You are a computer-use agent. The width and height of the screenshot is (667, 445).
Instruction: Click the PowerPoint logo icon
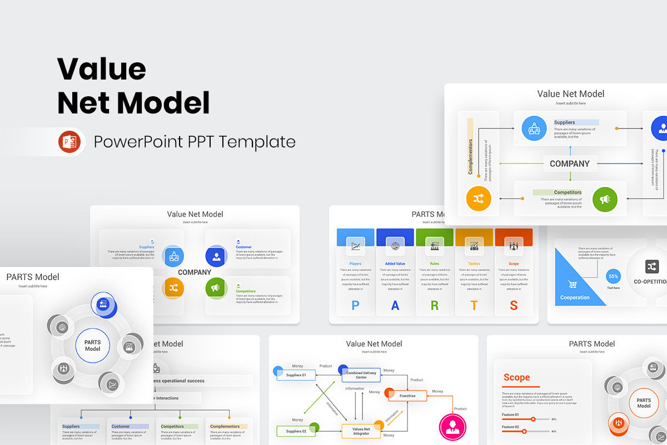(x=69, y=142)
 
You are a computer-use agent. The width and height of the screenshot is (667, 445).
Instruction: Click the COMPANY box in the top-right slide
(x=570, y=164)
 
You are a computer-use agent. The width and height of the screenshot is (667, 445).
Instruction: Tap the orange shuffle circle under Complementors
(x=479, y=199)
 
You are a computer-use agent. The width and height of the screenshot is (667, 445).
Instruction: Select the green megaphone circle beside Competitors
(x=605, y=199)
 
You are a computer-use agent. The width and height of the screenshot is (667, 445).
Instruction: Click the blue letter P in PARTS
(x=355, y=305)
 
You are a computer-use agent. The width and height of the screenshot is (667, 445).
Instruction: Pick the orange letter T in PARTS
(x=474, y=305)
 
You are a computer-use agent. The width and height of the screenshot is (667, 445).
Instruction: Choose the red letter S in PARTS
(x=514, y=305)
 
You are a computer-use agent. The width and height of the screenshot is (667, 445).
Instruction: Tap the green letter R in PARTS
(x=434, y=305)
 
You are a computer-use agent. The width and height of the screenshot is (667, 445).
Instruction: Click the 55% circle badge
(x=614, y=276)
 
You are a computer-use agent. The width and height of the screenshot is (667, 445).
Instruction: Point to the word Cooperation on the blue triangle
(x=575, y=298)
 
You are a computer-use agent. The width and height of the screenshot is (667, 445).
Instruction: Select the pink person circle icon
(x=452, y=427)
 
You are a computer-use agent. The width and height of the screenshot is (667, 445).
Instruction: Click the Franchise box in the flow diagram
(x=407, y=396)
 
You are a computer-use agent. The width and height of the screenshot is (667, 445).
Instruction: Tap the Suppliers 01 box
(x=296, y=375)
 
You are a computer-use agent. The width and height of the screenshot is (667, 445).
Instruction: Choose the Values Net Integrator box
(x=361, y=431)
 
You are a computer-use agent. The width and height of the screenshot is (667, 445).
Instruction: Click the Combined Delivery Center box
(x=361, y=375)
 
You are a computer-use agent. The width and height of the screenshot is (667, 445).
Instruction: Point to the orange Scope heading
(x=516, y=378)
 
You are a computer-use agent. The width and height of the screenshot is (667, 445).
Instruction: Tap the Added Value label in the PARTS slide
(x=395, y=264)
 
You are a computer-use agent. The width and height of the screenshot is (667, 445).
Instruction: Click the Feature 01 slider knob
(x=533, y=419)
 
